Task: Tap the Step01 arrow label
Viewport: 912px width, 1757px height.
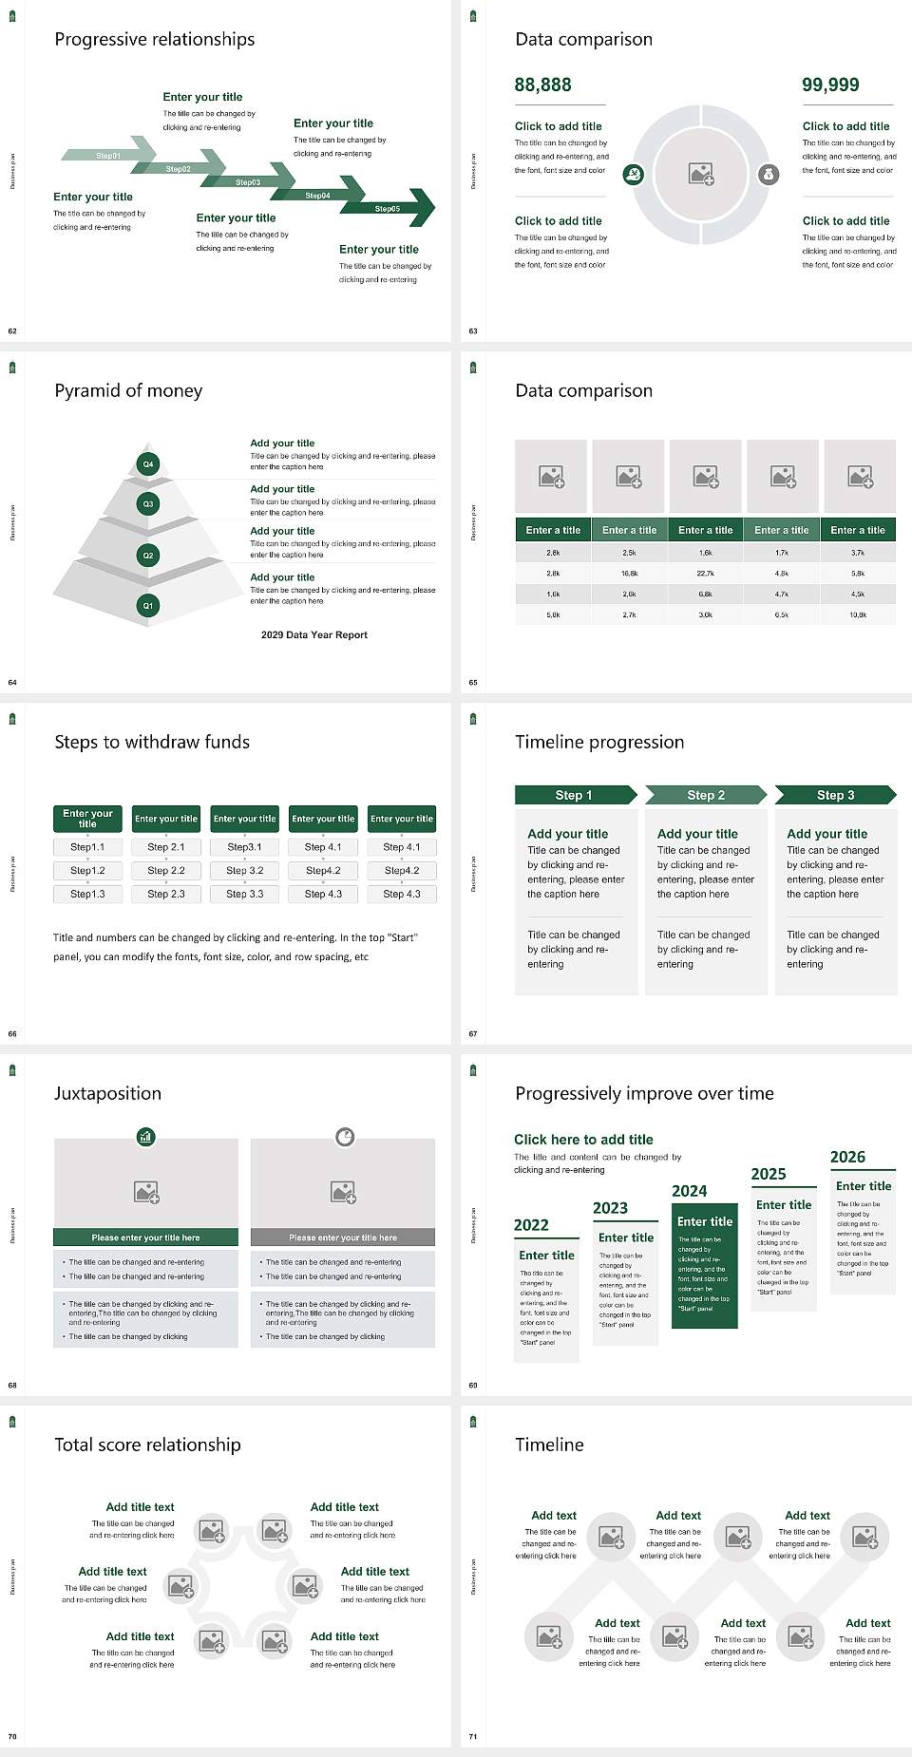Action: (x=108, y=155)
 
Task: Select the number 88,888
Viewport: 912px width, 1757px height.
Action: (x=542, y=85)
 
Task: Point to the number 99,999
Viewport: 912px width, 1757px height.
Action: (x=830, y=85)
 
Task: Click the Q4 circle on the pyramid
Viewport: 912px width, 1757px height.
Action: (x=148, y=464)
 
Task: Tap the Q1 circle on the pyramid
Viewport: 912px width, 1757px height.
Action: (x=148, y=605)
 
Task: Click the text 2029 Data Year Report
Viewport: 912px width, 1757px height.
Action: (x=313, y=635)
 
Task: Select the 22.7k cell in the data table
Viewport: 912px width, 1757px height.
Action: (x=705, y=574)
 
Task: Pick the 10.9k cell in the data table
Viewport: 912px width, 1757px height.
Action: (x=858, y=615)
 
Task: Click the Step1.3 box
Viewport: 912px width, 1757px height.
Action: (x=87, y=894)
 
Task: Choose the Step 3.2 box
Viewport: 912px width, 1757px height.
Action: (x=244, y=870)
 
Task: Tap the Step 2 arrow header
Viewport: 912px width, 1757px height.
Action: (x=706, y=795)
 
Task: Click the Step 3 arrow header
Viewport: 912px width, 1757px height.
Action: (x=835, y=795)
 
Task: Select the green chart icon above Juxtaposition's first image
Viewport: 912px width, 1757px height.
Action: (x=145, y=1136)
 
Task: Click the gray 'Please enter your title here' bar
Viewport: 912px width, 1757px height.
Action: (x=343, y=1237)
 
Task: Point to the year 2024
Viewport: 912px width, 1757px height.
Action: (x=689, y=1191)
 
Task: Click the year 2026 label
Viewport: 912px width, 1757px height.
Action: (x=847, y=1157)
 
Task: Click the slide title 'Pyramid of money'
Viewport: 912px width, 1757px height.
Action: (x=128, y=390)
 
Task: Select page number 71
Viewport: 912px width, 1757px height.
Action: (x=473, y=1736)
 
